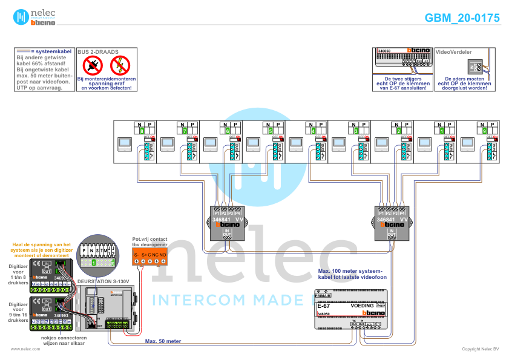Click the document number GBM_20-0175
(462, 18)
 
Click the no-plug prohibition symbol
(93, 65)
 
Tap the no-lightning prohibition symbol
(120, 65)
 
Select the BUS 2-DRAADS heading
(98, 53)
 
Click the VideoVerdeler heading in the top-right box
(453, 53)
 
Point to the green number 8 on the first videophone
(142, 130)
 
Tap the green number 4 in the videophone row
(313, 130)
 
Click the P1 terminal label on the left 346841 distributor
(217, 214)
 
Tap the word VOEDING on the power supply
(363, 306)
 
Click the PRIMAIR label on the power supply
(323, 295)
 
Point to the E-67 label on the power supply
(323, 306)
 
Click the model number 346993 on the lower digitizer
(61, 316)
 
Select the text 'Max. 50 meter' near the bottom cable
(163, 341)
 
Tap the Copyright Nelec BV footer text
(480, 349)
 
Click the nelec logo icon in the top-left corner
(22, 17)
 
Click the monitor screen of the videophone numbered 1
(424, 144)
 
